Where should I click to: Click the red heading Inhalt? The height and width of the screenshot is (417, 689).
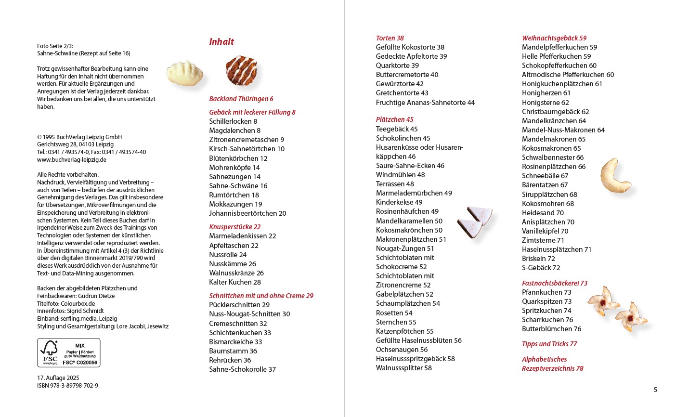click(x=221, y=42)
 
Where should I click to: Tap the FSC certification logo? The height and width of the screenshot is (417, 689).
click(x=69, y=353)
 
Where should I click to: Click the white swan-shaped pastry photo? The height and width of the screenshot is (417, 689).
click(x=184, y=74)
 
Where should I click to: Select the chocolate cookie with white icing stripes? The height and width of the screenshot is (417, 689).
click(x=242, y=70)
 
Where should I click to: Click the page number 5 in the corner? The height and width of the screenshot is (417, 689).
click(x=655, y=390)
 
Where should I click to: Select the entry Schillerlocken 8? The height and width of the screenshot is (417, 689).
click(x=233, y=121)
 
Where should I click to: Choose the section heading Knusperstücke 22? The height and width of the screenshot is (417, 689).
click(x=235, y=227)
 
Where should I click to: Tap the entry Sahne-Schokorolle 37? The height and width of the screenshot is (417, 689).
click(x=242, y=369)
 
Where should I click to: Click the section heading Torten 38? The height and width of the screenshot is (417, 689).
click(x=390, y=38)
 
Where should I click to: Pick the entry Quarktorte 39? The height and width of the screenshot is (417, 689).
click(x=397, y=65)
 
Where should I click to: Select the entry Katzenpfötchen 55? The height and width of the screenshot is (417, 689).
click(x=404, y=331)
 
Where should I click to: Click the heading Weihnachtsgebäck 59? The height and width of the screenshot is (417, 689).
click(x=554, y=38)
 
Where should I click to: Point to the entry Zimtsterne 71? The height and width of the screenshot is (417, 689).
click(x=543, y=240)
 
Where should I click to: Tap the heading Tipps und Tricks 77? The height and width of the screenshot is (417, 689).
click(x=549, y=344)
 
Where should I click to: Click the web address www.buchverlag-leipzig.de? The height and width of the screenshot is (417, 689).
click(x=72, y=160)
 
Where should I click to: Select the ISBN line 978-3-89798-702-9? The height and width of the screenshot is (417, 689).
click(x=67, y=386)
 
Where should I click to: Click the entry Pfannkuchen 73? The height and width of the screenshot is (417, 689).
click(x=546, y=292)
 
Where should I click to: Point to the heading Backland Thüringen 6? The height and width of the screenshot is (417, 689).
click(x=241, y=99)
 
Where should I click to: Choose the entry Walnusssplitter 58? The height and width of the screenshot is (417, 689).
click(x=404, y=368)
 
